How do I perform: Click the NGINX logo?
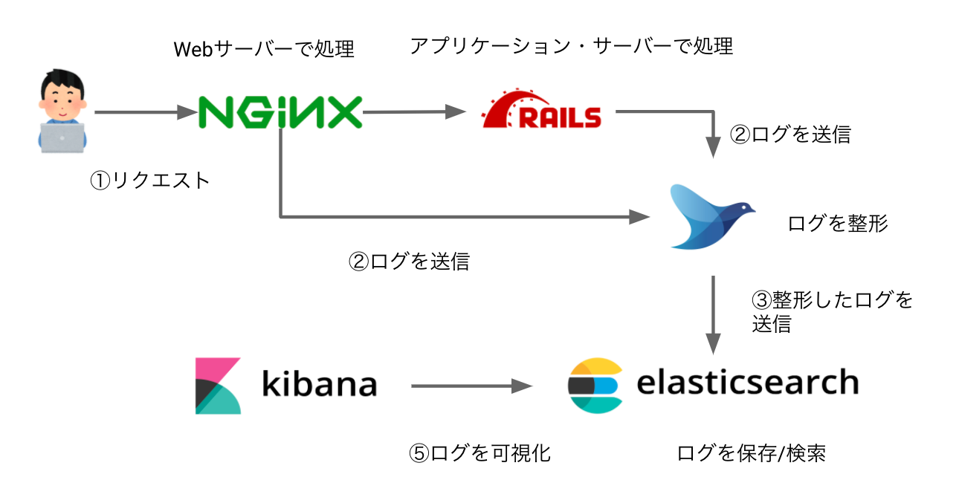point(280,113)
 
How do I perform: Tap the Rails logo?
point(541,111)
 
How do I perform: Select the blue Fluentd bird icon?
point(710,215)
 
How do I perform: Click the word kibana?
point(319,384)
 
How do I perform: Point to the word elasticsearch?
point(747,383)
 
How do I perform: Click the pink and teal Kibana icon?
point(218,386)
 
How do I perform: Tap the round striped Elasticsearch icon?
point(594,386)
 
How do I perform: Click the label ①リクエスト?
point(150,181)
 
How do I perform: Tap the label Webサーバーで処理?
point(264,50)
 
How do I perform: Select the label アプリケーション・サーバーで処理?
point(571,46)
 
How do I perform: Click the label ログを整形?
point(838,223)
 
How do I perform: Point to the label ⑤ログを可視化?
point(480,453)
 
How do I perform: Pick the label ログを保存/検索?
point(751,453)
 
